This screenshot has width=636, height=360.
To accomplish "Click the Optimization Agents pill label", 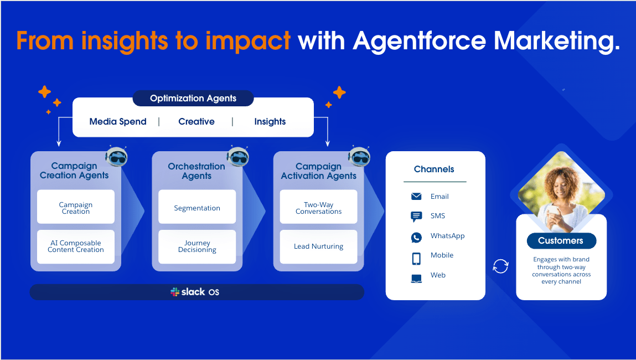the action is [193, 98].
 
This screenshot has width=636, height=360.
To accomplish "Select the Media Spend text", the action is [118, 121].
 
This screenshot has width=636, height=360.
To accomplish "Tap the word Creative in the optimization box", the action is [197, 121].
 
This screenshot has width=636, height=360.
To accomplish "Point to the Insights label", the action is [270, 122].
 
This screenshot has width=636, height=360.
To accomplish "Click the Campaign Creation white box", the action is [76, 207].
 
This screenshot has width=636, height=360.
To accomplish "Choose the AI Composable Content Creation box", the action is [76, 247].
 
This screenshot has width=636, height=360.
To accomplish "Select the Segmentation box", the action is [197, 207].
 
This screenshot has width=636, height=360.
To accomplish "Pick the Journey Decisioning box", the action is [197, 247].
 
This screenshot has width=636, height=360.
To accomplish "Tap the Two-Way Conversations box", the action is [318, 207].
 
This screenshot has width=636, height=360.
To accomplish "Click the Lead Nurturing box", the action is [318, 247].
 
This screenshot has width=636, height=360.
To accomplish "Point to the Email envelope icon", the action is [416, 197].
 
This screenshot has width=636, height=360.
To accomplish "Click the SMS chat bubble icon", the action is [416, 217].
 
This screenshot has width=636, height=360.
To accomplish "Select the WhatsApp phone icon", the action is [416, 237].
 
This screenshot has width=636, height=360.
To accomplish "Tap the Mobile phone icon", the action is [416, 259].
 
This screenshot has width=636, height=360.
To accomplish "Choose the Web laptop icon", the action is [416, 279].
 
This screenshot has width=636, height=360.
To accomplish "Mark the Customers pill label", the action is [561, 241].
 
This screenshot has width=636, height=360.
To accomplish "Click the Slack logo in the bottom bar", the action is [175, 292].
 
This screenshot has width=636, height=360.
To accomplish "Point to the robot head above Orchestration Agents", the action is [237, 157].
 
